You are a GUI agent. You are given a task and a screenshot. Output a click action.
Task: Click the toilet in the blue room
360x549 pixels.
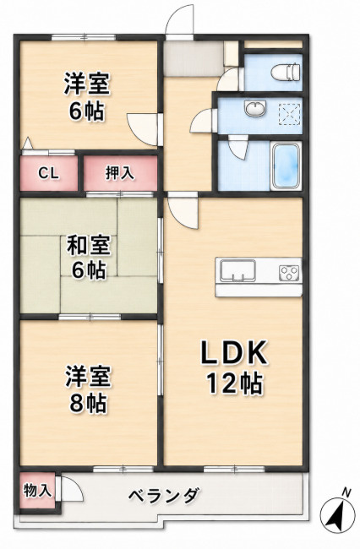coord(286,72)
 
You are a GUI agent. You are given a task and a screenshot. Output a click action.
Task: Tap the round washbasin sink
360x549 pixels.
coord(256,108)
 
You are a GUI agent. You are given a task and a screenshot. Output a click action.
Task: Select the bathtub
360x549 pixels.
coord(286,166)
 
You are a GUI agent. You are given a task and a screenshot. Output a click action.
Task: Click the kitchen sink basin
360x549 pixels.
coord(237,270)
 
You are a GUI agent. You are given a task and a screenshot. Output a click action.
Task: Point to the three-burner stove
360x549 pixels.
coord(289,273)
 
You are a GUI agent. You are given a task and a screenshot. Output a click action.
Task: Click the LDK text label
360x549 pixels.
coord(234,352)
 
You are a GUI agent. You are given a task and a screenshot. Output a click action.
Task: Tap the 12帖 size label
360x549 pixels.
coord(234,383)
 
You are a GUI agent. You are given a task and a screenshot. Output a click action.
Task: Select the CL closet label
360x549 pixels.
coord(48,173)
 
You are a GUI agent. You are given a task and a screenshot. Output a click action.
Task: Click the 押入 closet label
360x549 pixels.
coord(120,172)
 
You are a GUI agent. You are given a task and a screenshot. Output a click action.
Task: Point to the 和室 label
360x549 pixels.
coord(89,245)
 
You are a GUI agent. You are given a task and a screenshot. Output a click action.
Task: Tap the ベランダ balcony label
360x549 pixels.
coord(164,495)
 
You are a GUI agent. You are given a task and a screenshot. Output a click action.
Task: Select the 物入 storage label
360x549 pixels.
coord(37,491)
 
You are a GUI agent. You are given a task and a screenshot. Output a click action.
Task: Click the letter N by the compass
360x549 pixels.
coord(346,492)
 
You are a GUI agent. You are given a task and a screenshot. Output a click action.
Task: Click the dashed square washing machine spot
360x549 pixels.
coord(289,114)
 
